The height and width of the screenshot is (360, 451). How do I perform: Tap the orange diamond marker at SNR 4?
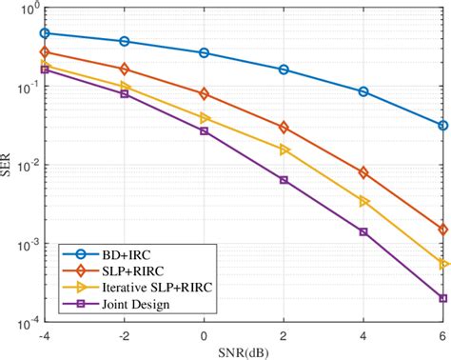click(363, 172)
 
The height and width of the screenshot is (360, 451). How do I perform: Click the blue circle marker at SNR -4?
click(46, 33)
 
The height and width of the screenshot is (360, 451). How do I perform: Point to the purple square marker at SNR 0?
click(205, 130)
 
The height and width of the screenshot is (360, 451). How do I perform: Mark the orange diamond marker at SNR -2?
click(125, 69)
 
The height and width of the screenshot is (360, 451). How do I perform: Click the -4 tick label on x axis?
click(44, 336)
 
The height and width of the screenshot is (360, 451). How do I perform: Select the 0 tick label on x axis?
click(205, 336)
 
